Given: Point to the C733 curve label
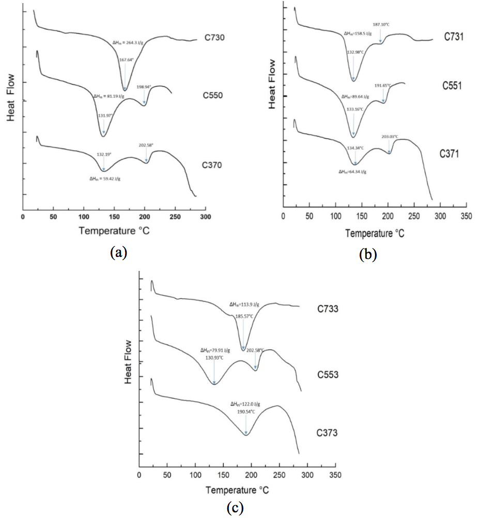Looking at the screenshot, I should click(x=328, y=310).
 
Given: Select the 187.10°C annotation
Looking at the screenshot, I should click(x=382, y=24).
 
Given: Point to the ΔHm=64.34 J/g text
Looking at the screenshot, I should click(x=352, y=172).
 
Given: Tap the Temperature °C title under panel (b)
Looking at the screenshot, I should click(x=375, y=233).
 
